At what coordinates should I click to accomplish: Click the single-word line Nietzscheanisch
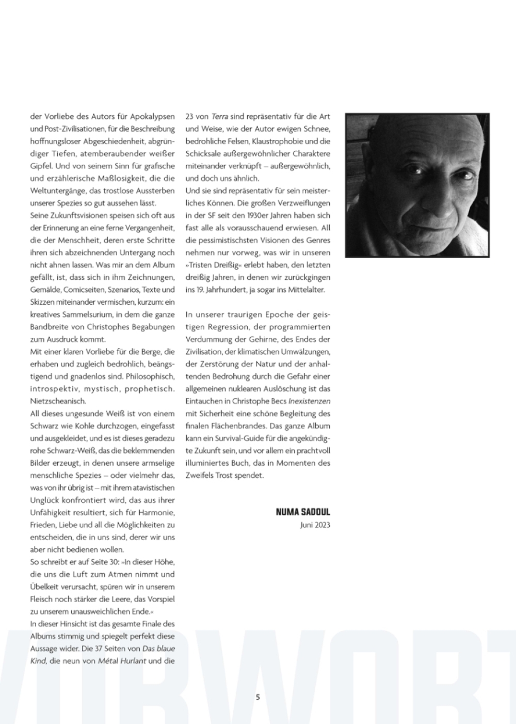[x=58, y=401]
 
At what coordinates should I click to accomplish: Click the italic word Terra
[x=220, y=117]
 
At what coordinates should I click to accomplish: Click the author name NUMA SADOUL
[x=303, y=512]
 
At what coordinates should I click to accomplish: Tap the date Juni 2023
[x=315, y=525]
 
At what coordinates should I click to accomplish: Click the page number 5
[x=258, y=697]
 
